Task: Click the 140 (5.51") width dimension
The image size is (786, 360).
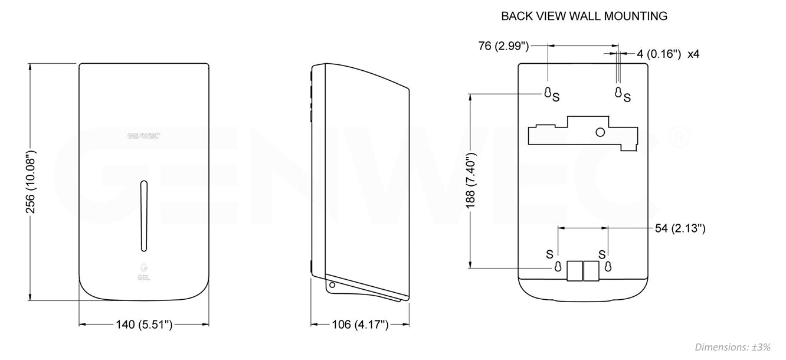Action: [x=144, y=324]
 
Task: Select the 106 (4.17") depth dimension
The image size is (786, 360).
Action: [x=360, y=324]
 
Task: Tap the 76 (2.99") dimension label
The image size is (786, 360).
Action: [x=503, y=45]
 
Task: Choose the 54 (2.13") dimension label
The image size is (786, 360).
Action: [x=680, y=228]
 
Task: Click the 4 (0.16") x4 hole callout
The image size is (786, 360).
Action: [x=668, y=54]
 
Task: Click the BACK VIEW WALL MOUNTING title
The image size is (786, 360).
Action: [x=584, y=16]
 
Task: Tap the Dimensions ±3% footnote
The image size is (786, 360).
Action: [x=732, y=347]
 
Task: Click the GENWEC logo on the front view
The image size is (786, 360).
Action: [x=144, y=135]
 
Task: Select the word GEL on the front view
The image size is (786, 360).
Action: [x=143, y=276]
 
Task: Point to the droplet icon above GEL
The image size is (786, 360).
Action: [x=143, y=266]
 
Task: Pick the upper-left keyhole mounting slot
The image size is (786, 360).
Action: [x=548, y=92]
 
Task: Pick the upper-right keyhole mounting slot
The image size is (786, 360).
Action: [x=618, y=92]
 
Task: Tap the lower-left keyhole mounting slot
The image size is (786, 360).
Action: [x=557, y=267]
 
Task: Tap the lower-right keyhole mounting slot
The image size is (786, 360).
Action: [x=608, y=267]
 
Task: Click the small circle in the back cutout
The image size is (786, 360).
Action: [x=600, y=132]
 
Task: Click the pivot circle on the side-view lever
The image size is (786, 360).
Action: [x=332, y=285]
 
